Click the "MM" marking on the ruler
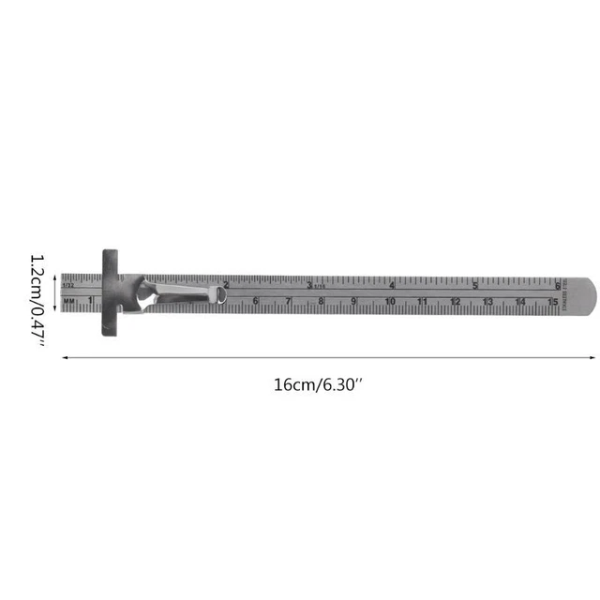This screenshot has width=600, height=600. [x=70, y=301]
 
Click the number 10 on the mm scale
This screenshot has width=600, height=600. [x=389, y=302]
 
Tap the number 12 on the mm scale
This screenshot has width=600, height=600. [x=455, y=302]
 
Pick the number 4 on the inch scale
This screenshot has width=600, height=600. [x=391, y=285]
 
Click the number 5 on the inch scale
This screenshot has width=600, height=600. [x=474, y=285]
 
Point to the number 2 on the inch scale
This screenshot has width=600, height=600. [x=226, y=285]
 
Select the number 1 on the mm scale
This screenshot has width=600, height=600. [x=90, y=300]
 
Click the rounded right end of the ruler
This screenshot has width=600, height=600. [x=584, y=293]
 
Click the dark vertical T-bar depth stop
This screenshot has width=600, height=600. [x=110, y=293]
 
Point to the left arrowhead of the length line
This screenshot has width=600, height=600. [x=65, y=357]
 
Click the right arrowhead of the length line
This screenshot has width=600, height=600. [x=592, y=357]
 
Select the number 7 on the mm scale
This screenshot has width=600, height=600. [x=289, y=302]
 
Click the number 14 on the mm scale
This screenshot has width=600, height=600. [x=519, y=302]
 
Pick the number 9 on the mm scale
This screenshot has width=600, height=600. [x=354, y=302]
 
